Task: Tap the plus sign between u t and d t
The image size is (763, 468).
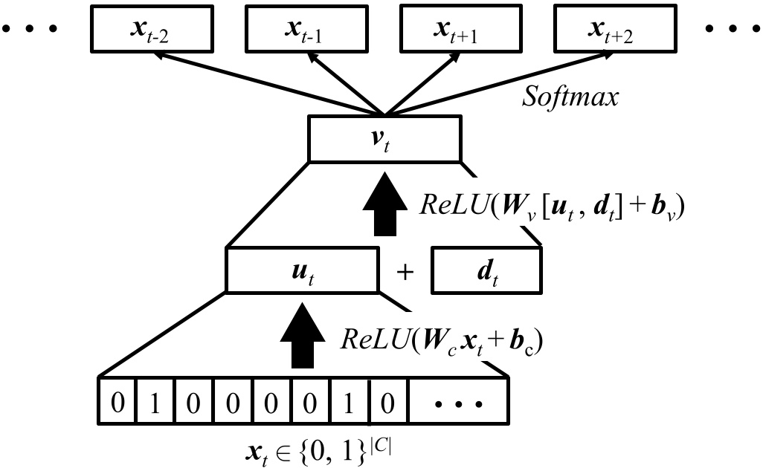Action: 405,273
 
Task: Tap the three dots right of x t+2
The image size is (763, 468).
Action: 731,29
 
